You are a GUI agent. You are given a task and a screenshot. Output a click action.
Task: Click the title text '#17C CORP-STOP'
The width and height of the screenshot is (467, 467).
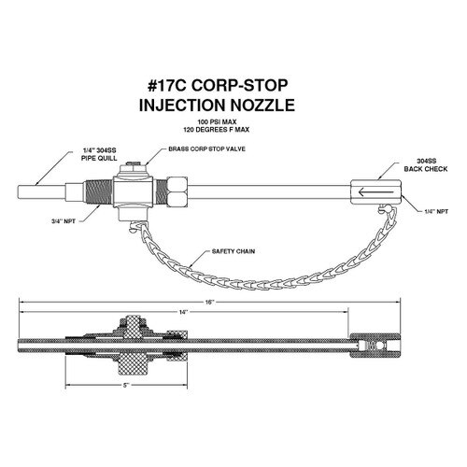[218, 86]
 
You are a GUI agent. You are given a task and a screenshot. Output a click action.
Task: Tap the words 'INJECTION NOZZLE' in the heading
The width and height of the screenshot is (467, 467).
[217, 105]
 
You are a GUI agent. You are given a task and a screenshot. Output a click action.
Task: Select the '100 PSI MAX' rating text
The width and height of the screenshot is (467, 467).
[217, 121]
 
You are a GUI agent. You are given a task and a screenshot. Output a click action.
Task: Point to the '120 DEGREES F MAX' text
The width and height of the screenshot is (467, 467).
[217, 130]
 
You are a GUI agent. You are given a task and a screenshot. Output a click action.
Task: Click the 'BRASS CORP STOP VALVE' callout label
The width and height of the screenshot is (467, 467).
[206, 149]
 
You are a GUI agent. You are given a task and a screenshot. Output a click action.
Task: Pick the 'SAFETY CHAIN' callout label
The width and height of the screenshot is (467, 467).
[233, 251]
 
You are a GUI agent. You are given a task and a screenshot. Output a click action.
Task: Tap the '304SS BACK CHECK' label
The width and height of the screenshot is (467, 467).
[426, 165]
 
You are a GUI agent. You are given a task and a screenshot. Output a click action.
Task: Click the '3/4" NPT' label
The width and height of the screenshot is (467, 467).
[64, 221]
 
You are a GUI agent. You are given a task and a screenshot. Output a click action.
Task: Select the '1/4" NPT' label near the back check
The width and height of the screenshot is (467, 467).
[436, 212]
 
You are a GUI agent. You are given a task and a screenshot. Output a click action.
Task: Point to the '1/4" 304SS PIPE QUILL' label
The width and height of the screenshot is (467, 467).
[99, 154]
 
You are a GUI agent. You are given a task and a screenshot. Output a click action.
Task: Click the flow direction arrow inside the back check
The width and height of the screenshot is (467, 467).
[375, 191]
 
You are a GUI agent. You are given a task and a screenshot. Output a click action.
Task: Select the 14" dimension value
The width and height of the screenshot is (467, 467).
[184, 312]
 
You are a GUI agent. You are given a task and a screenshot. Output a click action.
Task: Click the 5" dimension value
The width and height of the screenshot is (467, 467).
[126, 386]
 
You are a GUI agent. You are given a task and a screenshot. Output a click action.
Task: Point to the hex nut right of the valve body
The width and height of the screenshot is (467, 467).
[177, 192]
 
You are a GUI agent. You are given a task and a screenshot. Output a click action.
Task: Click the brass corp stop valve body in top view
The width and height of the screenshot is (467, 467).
[133, 191]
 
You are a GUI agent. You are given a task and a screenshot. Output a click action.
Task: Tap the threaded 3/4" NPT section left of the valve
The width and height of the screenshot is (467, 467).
[98, 193]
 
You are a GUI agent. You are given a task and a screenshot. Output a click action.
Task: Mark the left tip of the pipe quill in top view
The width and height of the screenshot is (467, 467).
[18, 191]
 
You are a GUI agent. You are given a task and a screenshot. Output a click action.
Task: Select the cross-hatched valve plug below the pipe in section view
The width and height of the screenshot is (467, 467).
[134, 364]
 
